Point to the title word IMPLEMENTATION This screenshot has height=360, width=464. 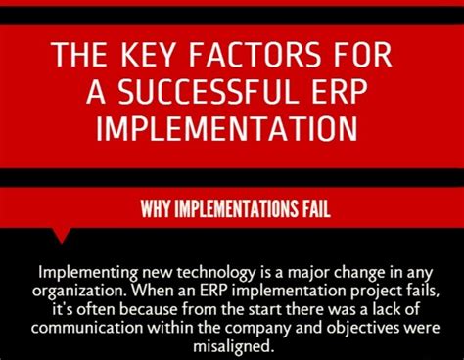point(232,130)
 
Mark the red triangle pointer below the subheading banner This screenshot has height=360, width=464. point(62,234)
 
